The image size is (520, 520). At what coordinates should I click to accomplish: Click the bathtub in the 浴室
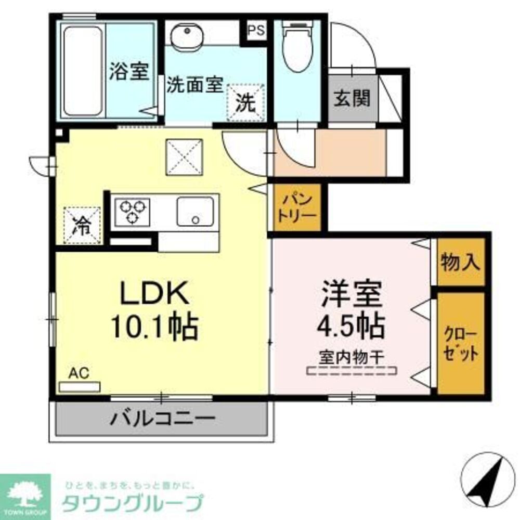83,71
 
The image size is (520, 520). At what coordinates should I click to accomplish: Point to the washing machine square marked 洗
246,102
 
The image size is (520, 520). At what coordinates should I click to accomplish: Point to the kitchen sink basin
195,211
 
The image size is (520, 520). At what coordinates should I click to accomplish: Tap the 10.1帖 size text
153,327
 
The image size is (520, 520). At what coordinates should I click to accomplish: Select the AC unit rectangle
79,387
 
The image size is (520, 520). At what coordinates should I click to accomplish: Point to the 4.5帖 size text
351,326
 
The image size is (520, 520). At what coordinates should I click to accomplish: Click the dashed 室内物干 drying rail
350,371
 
